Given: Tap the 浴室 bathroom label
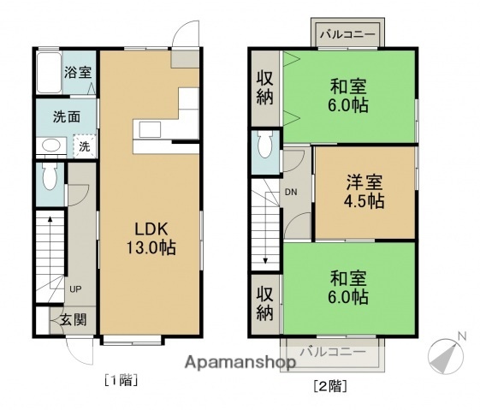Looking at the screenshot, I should point(78,73).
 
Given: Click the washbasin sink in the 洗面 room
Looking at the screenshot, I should point(51,146).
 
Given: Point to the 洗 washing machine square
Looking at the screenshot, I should point(84,146).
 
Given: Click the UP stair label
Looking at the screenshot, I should point(75,289).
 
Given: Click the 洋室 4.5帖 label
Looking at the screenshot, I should point(364,193).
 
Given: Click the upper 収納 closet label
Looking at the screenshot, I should point(265,86).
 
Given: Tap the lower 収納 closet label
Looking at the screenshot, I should point(265,303).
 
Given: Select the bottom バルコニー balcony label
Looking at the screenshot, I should point(336,352).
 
